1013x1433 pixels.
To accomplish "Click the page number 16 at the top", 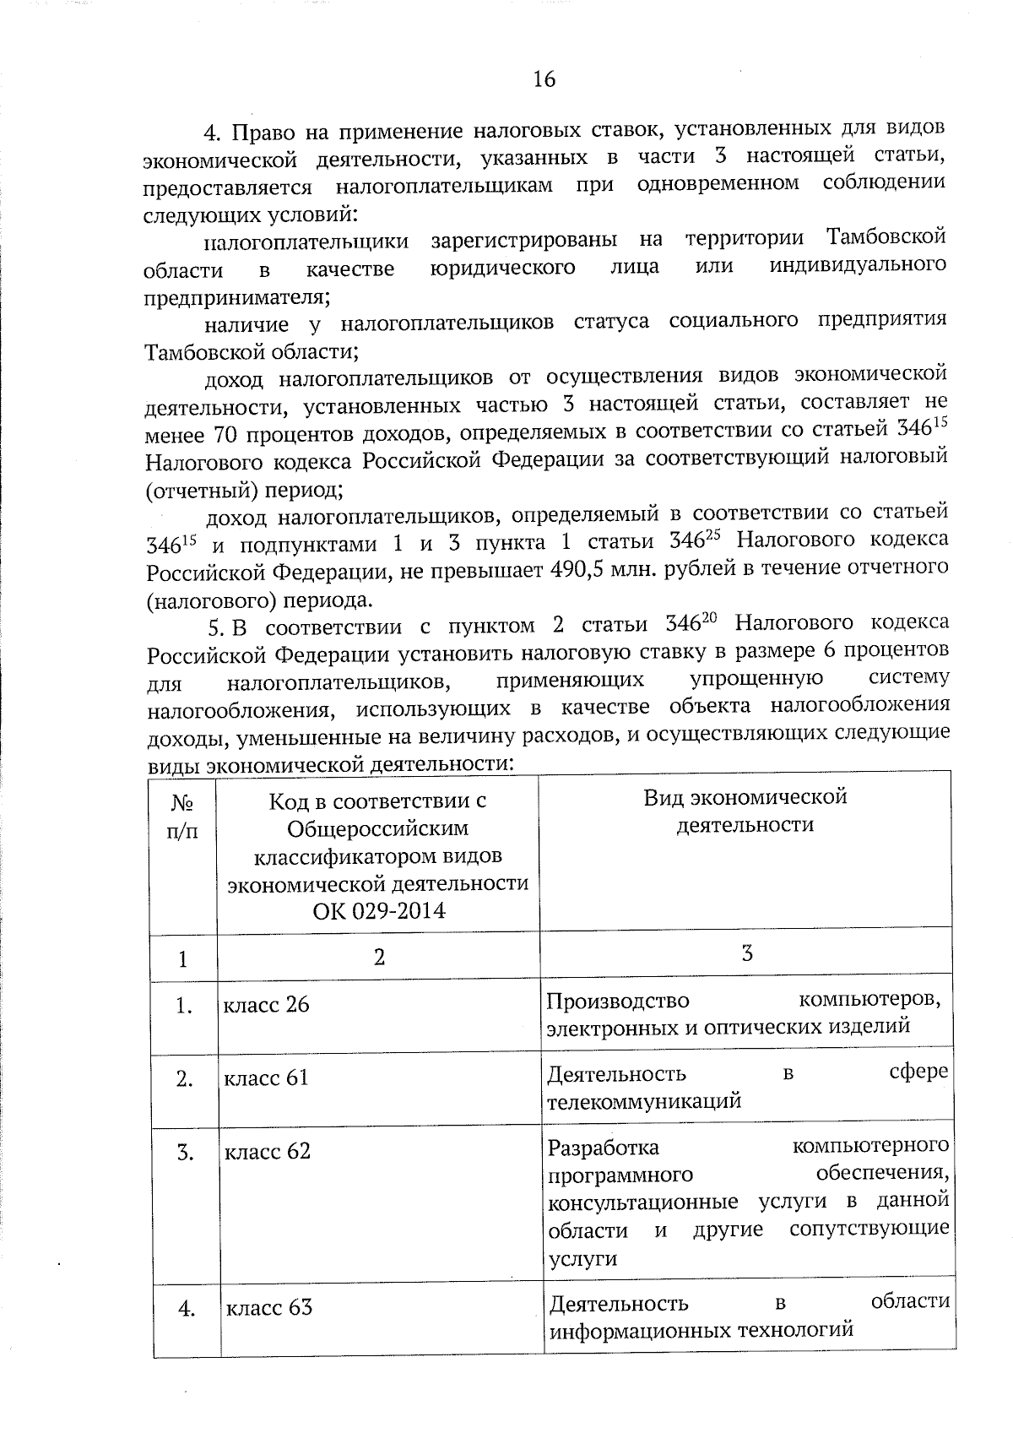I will pos(544,79).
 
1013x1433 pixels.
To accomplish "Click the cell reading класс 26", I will pos(266,1005).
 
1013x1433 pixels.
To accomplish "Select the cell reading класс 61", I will pos(266,1078).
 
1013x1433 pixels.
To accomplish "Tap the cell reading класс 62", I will pos(267,1151).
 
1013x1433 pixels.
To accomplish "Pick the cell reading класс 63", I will pos(268,1308).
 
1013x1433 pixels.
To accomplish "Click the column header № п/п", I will pos(183,817).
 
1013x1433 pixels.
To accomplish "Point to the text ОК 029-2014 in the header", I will pos(379,911).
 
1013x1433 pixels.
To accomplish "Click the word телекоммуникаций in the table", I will pos(644,1101).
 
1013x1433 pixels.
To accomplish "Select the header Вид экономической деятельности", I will pos(745,811).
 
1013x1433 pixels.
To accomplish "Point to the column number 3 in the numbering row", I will pos(746,953).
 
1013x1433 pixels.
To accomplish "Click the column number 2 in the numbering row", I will pos(379,957).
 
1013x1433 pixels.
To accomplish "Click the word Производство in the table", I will pos(618,1001).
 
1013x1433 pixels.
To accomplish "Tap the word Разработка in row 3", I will pos(604,1148).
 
